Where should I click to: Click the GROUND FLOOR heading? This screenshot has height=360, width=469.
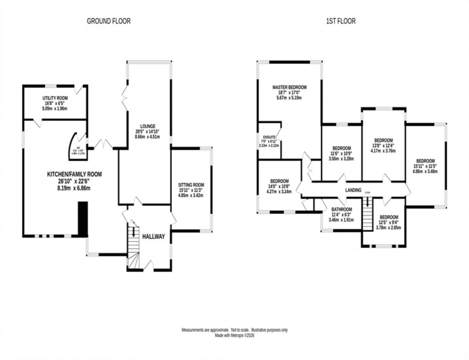109,22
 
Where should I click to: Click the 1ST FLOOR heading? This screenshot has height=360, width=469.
340,22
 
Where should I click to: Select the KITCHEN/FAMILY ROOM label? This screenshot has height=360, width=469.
74,174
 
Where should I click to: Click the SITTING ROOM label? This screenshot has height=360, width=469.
191,185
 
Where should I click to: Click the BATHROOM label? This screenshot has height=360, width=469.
342,209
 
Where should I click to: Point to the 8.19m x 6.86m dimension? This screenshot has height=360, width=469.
74,188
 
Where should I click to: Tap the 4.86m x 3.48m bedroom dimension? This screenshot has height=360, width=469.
425,171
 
